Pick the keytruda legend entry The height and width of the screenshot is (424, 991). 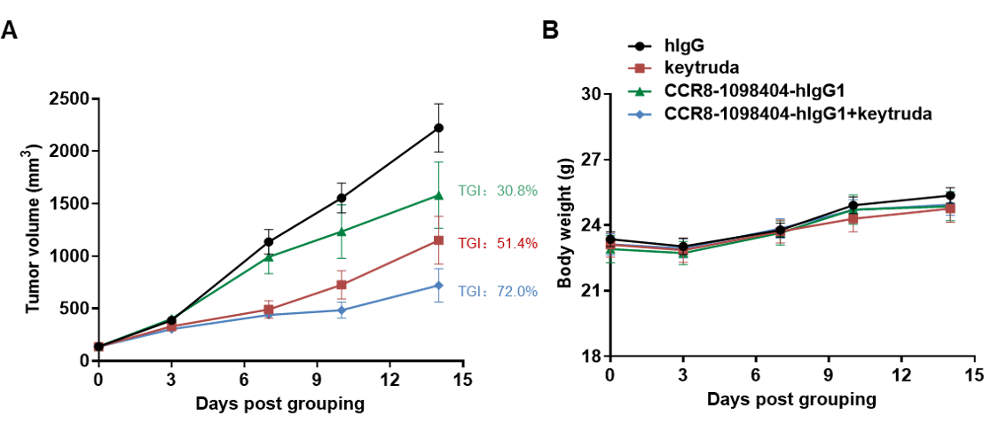tap(696, 67)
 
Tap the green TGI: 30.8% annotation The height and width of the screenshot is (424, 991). tap(497, 190)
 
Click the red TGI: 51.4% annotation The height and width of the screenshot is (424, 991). tap(497, 243)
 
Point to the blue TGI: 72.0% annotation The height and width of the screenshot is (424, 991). tap(497, 290)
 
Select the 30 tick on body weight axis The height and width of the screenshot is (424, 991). tap(591, 94)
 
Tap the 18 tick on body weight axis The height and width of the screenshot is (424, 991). tap(591, 357)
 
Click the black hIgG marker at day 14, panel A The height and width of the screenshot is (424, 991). tap(438, 128)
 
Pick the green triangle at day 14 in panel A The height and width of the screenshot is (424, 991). tap(438, 195)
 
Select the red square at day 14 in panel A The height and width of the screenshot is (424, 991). tap(438, 240)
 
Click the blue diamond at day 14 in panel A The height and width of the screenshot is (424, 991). tap(438, 285)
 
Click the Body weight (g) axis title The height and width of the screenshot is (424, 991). tap(563, 224)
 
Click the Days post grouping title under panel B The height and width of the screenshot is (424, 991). tap(791, 398)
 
